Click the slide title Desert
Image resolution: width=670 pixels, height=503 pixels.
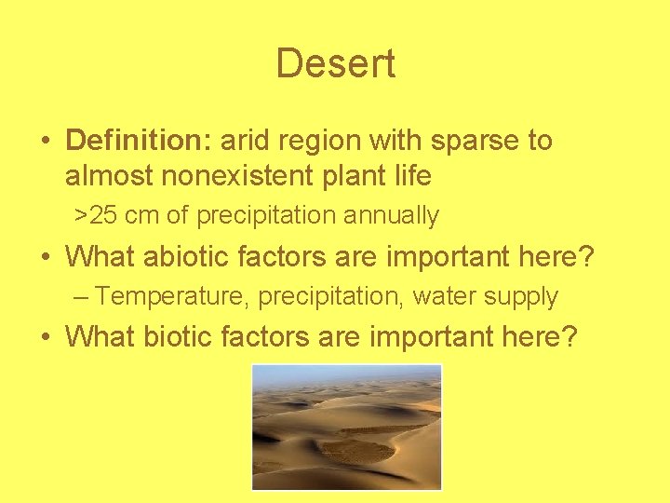pyautogui.click(x=335, y=63)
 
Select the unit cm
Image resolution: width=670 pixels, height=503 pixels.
pyautogui.click(x=142, y=215)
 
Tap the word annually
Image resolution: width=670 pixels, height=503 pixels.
pyautogui.click(x=391, y=215)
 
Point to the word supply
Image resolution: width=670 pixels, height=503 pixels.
pyautogui.click(x=523, y=296)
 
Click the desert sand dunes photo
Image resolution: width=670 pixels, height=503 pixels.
pyautogui.click(x=346, y=426)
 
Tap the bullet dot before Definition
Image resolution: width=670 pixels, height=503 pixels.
pyautogui.click(x=46, y=143)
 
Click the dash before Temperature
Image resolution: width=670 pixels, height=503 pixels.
pyautogui.click(x=82, y=296)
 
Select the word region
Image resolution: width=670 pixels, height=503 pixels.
pyautogui.click(x=319, y=142)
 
